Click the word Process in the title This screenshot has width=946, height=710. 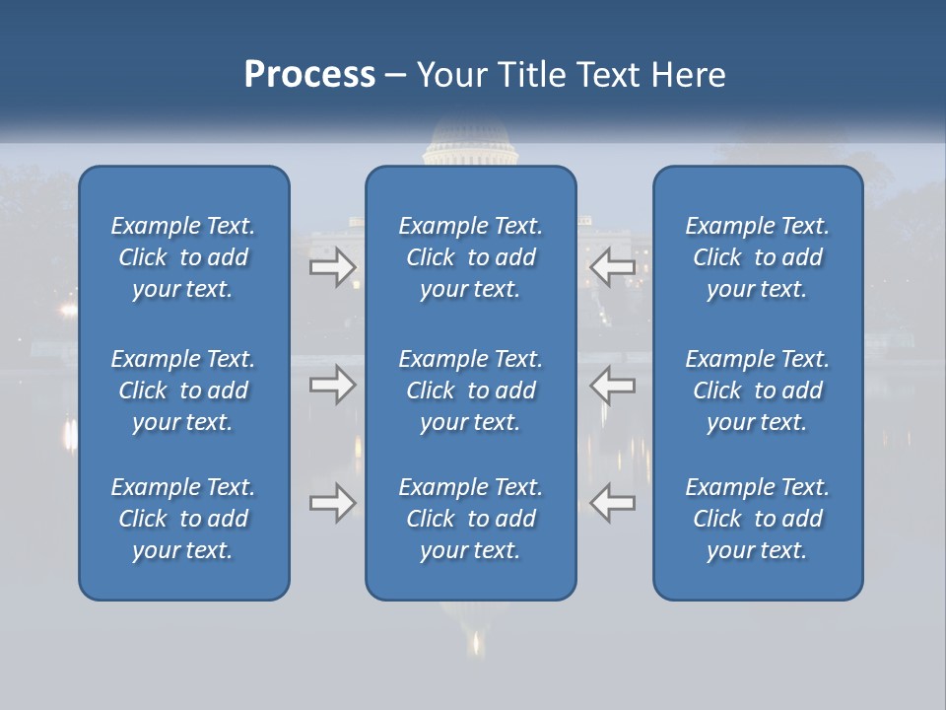[309, 75]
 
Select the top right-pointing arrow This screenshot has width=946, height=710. [333, 267]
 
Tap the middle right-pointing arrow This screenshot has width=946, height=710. [333, 385]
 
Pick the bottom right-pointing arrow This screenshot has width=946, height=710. [333, 503]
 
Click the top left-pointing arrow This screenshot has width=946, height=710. [613, 267]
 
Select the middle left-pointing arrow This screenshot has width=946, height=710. [613, 385]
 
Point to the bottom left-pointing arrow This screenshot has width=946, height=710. [613, 503]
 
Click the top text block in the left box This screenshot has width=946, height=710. [183, 257]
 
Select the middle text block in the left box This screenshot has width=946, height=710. [183, 390]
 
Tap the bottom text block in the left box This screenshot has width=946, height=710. [183, 519]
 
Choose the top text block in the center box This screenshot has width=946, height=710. [470, 257]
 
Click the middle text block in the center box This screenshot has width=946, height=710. [470, 390]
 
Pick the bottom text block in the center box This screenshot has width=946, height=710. [470, 519]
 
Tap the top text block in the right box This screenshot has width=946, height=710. [757, 257]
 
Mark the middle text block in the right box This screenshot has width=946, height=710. [757, 390]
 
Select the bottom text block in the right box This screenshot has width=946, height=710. [757, 519]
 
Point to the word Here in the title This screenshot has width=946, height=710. [687, 75]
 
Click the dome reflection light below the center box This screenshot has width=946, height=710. [478, 643]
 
